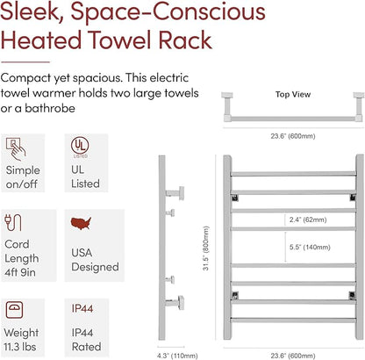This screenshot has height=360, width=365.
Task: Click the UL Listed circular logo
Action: click(80, 146)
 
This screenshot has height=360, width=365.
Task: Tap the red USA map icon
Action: click(81, 223)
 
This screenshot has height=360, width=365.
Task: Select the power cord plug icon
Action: click(13, 222)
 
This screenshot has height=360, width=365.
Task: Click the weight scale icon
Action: click(14, 311)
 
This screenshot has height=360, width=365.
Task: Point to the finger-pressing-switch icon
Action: click(16, 149)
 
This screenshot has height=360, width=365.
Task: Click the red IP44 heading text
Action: click(82, 308)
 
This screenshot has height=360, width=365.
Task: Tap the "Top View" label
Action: click(293, 95)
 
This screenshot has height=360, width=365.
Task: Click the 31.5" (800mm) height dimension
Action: click(206, 248)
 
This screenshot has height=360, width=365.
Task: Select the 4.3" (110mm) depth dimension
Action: click(177, 356)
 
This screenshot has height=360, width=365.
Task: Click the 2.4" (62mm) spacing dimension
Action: click(308, 220)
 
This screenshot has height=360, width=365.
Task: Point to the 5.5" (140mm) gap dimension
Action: click(310, 248)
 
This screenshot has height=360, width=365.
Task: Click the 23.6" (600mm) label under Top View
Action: click(293, 136)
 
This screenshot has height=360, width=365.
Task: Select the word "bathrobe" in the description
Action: click(50, 108)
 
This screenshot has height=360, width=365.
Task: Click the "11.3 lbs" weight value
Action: click(20, 347)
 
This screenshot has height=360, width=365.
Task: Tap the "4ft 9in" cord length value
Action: click(20, 272)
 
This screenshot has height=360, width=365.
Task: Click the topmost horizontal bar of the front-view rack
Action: click(293, 174)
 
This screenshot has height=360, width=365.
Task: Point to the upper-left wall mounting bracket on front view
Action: click(234, 198)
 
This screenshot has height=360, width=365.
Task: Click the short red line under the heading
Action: click(25, 62)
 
